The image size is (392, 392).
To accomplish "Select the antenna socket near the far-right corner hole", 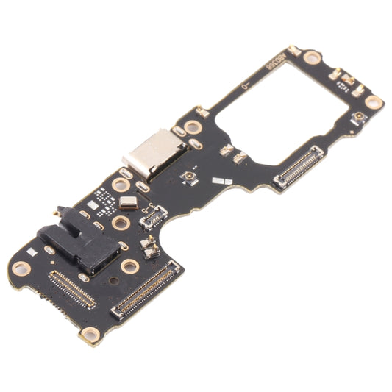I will tap(360, 117).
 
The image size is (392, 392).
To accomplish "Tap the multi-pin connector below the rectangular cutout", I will tap(299, 167).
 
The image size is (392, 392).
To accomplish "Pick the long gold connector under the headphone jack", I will tap(71, 288).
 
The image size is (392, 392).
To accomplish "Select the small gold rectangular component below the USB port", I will tap(128, 202).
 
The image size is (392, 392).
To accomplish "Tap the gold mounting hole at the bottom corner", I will tap(91, 335).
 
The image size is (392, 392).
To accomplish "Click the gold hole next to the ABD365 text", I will tap(311, 57).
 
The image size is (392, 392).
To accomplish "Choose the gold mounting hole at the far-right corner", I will tap(374, 102).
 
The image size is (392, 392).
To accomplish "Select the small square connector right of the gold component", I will tap(154, 215).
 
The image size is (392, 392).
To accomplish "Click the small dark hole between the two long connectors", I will tap(113, 281).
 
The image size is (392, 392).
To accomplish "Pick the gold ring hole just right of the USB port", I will tap(193, 127).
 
